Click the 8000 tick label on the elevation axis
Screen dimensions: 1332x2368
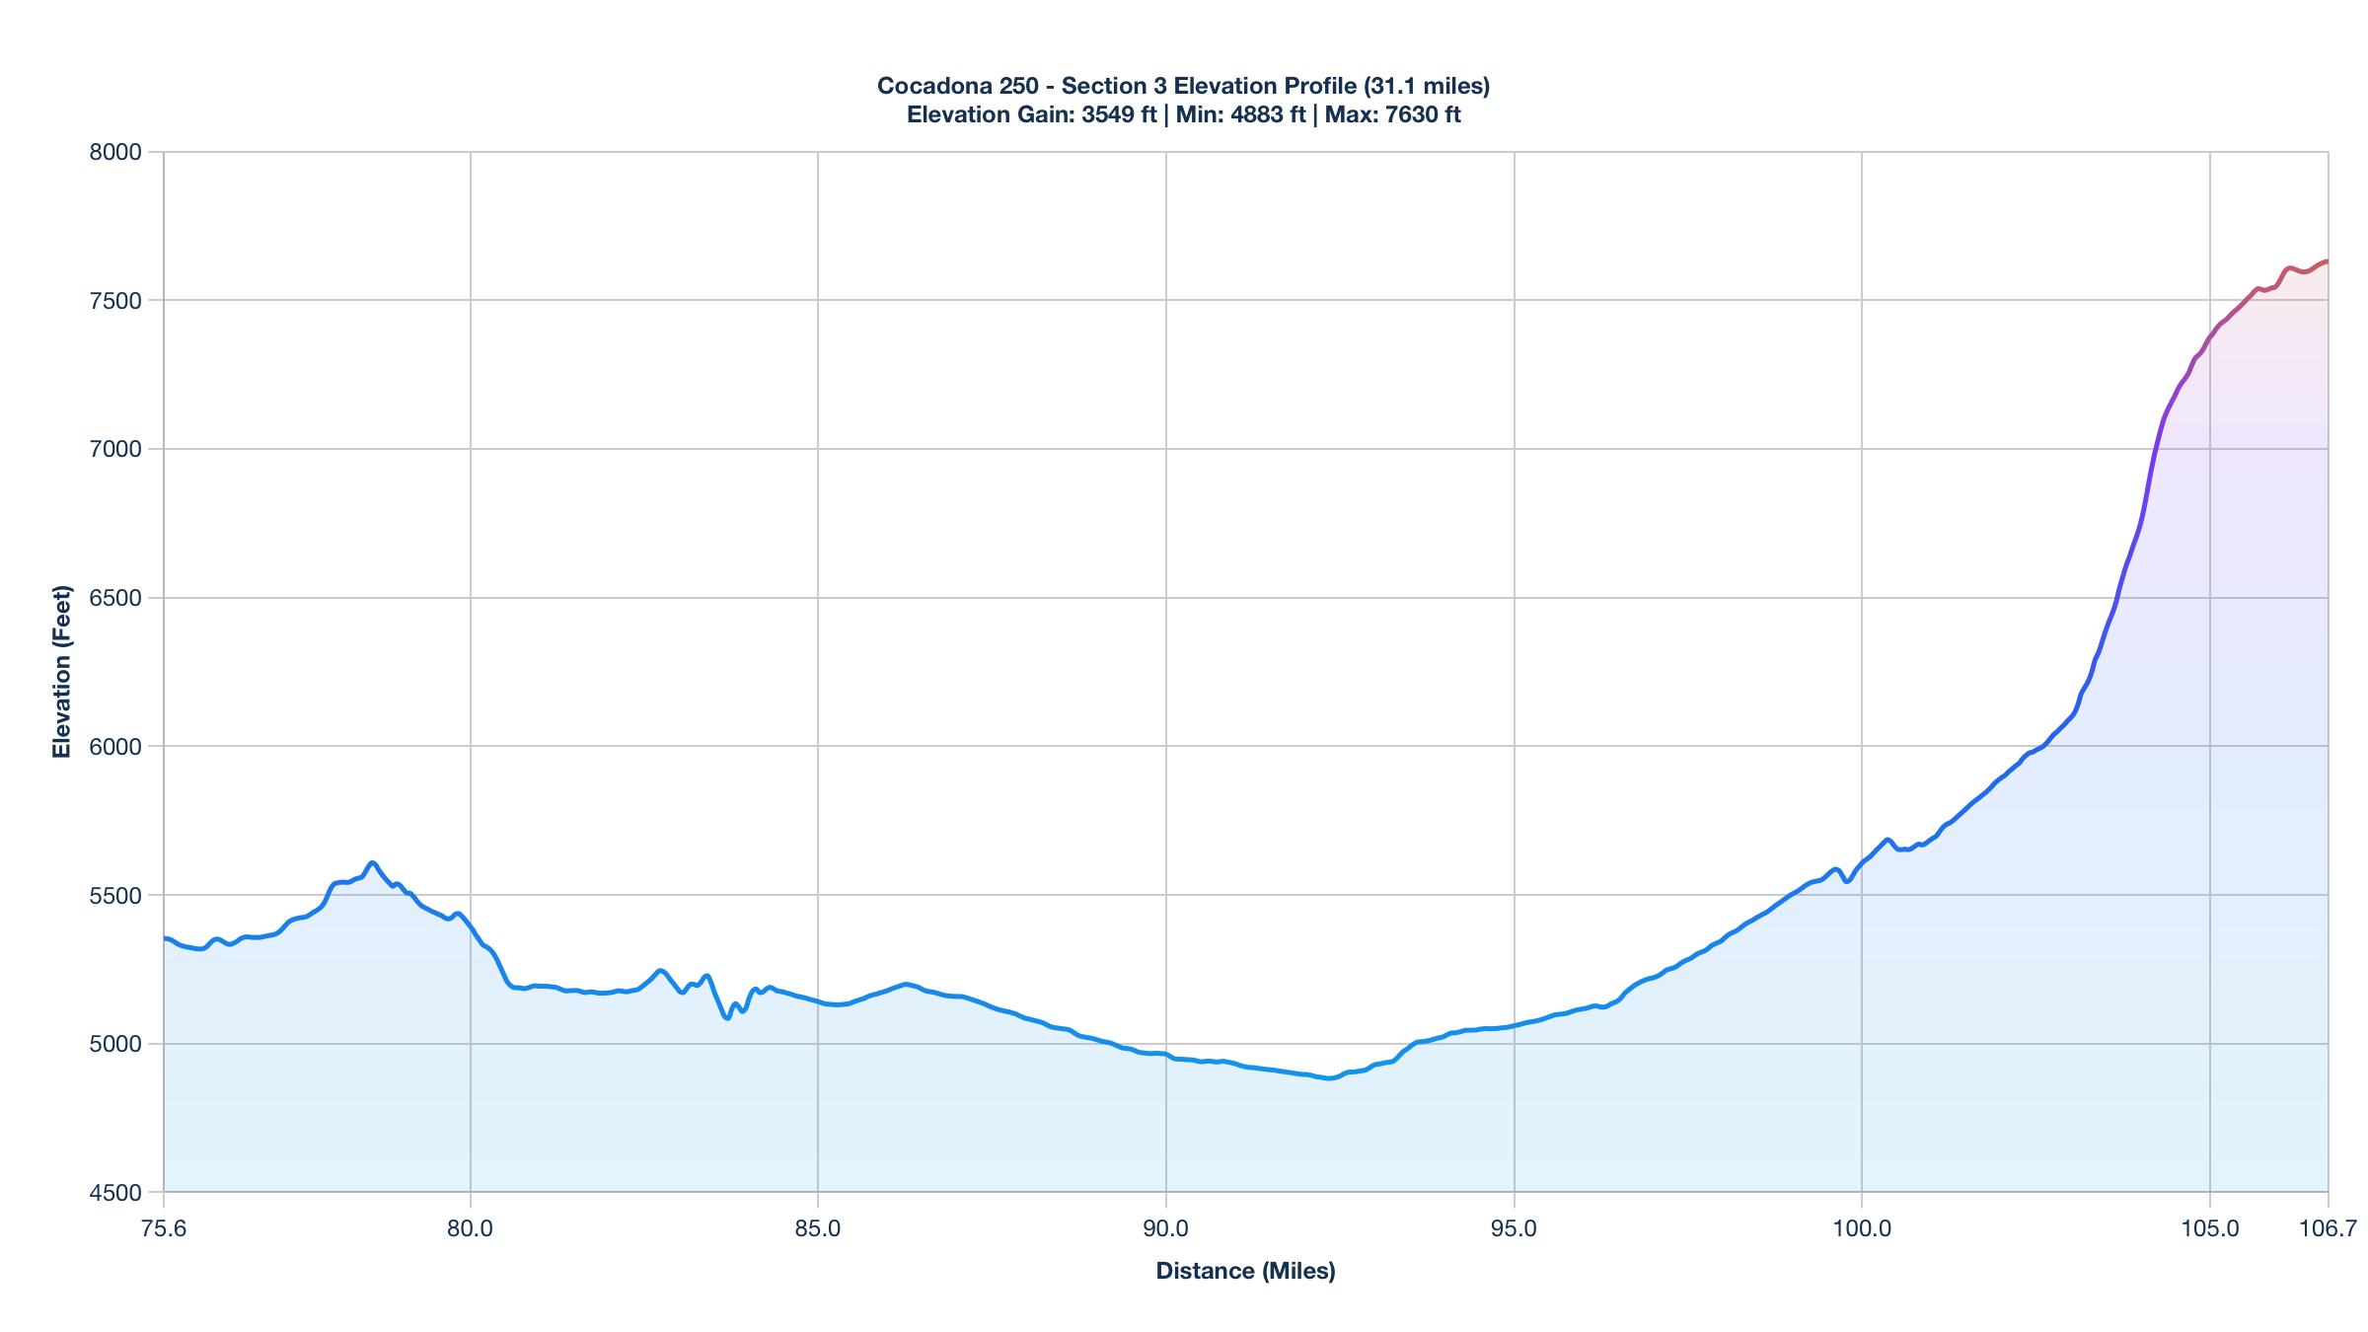(x=116, y=152)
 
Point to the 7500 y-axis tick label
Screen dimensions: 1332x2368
(x=116, y=301)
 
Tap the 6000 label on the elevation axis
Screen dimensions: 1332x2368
(x=116, y=747)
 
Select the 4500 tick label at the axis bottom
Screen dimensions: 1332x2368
(x=116, y=1193)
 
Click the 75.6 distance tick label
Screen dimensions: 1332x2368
(x=164, y=1228)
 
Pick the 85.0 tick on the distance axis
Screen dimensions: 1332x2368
(x=818, y=1228)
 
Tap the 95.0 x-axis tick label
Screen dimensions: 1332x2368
(x=1514, y=1228)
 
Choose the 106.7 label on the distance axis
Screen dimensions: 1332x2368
(x=2327, y=1228)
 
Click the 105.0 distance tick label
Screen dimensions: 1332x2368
(x=2209, y=1228)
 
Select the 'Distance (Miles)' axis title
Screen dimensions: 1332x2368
(x=1245, y=1271)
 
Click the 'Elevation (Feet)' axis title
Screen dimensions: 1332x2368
(x=62, y=672)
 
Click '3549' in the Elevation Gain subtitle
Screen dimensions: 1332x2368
(x=1108, y=114)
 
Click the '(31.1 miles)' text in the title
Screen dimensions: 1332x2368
(x=1427, y=86)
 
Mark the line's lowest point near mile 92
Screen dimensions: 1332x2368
(x=1330, y=1078)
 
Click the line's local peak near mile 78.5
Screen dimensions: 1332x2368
(x=372, y=862)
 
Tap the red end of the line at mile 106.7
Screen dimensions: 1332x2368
(x=2327, y=261)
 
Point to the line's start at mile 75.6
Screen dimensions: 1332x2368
(x=165, y=938)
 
